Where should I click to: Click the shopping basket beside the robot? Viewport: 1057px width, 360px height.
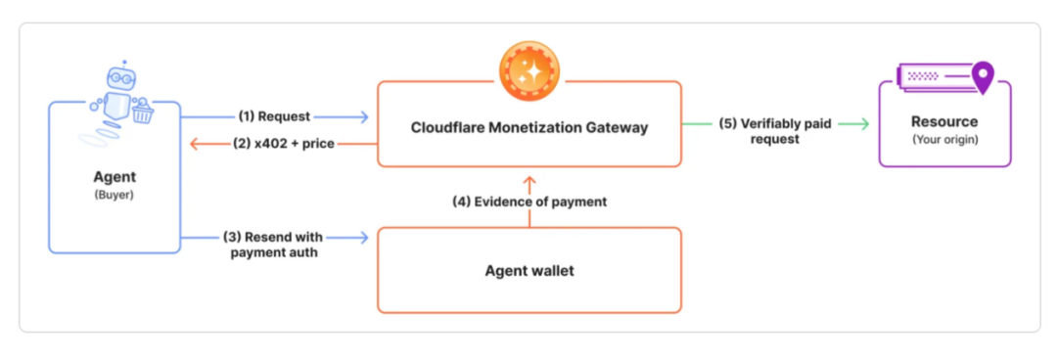pos(142,112)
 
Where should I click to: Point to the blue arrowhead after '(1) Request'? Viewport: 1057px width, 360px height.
pos(364,116)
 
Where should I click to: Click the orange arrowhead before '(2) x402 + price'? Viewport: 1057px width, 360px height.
pos(195,144)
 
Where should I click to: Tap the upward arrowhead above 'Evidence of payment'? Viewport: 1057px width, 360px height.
pos(529,181)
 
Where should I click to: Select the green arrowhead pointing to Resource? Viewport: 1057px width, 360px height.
pos(863,123)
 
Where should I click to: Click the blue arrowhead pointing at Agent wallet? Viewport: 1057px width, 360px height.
pos(364,238)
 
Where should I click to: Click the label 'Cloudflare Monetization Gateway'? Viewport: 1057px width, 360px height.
pos(529,127)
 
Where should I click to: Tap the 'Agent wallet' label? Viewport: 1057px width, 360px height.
pos(529,271)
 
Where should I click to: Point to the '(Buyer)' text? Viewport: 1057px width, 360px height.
pos(115,195)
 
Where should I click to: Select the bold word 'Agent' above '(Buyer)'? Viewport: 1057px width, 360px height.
pos(115,177)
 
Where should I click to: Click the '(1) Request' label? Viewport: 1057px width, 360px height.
pos(274,116)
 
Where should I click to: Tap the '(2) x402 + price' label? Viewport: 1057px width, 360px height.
pos(285,144)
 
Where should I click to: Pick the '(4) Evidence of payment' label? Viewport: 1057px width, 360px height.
pos(529,202)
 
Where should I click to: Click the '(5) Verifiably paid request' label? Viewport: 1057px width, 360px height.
pos(776,131)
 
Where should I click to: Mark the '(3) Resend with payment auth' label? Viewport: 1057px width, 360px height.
pos(273,246)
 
